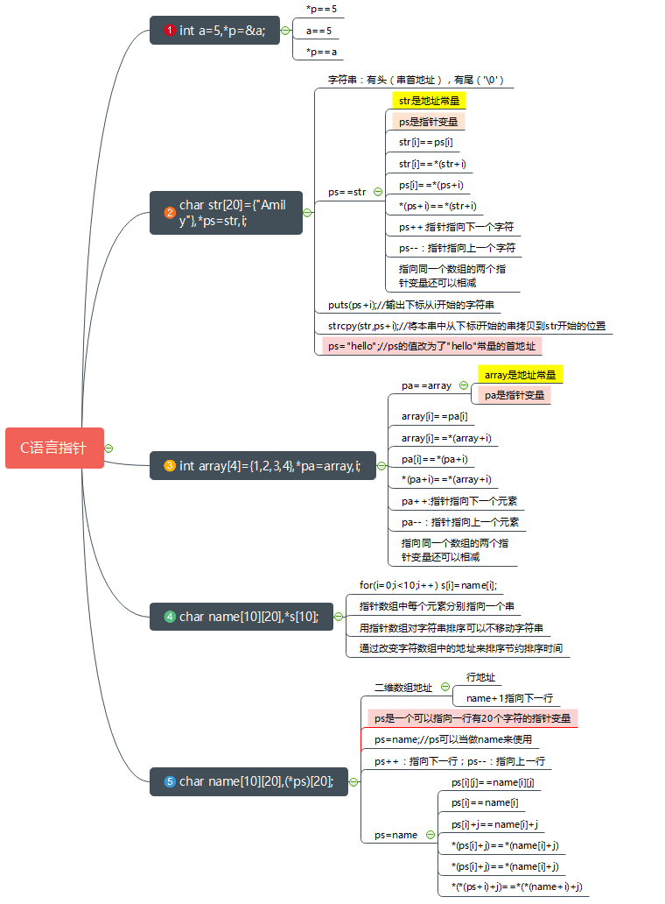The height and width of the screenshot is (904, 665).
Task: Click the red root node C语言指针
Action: click(x=54, y=448)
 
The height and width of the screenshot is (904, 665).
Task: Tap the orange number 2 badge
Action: click(x=170, y=212)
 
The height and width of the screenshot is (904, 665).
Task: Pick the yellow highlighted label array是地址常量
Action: click(x=520, y=375)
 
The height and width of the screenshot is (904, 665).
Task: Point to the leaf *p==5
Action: click(x=320, y=9)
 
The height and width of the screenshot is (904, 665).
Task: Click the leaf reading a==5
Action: click(x=318, y=31)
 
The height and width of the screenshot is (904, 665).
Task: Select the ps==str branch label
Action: click(x=347, y=192)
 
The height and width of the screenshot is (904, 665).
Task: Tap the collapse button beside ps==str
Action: click(x=377, y=192)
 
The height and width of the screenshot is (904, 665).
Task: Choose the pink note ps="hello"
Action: click(x=430, y=346)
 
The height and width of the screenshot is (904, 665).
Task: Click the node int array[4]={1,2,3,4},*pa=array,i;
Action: click(x=269, y=466)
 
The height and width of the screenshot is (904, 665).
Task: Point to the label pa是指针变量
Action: click(x=514, y=395)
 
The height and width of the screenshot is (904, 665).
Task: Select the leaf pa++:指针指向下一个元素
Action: click(x=458, y=501)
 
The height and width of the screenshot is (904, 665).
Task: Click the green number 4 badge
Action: click(x=170, y=617)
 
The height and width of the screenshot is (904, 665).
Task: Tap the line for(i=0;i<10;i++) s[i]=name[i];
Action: click(x=428, y=585)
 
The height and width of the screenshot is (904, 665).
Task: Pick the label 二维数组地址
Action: click(x=403, y=688)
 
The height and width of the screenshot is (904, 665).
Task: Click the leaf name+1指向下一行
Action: click(x=508, y=698)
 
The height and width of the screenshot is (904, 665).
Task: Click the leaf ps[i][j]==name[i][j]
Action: click(x=492, y=782)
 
